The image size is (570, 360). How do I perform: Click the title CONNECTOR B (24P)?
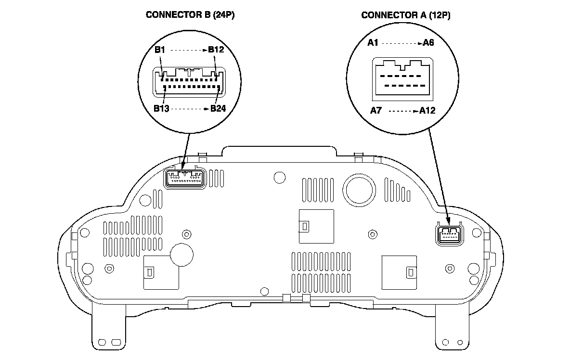point(190,15)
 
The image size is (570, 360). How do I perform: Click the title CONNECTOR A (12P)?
point(406,15)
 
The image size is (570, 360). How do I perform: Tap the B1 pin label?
point(160,50)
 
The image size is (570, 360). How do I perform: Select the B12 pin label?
point(216,50)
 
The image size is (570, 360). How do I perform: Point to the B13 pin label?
point(161,108)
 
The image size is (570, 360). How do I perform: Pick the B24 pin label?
point(218,108)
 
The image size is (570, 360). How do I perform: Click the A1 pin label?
point(373,43)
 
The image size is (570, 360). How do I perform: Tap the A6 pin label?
point(428,43)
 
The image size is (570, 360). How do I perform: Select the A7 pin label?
point(376,110)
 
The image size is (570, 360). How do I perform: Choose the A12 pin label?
point(427,110)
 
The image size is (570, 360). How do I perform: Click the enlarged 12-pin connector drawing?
point(402,79)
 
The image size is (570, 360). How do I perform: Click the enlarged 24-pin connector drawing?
point(189,82)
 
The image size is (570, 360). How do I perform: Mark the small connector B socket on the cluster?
point(185,178)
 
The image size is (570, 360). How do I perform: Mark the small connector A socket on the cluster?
point(450,234)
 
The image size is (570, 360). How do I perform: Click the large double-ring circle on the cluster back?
point(359,190)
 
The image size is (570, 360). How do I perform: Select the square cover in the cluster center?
point(316,226)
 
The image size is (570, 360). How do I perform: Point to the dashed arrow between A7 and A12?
point(403,111)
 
